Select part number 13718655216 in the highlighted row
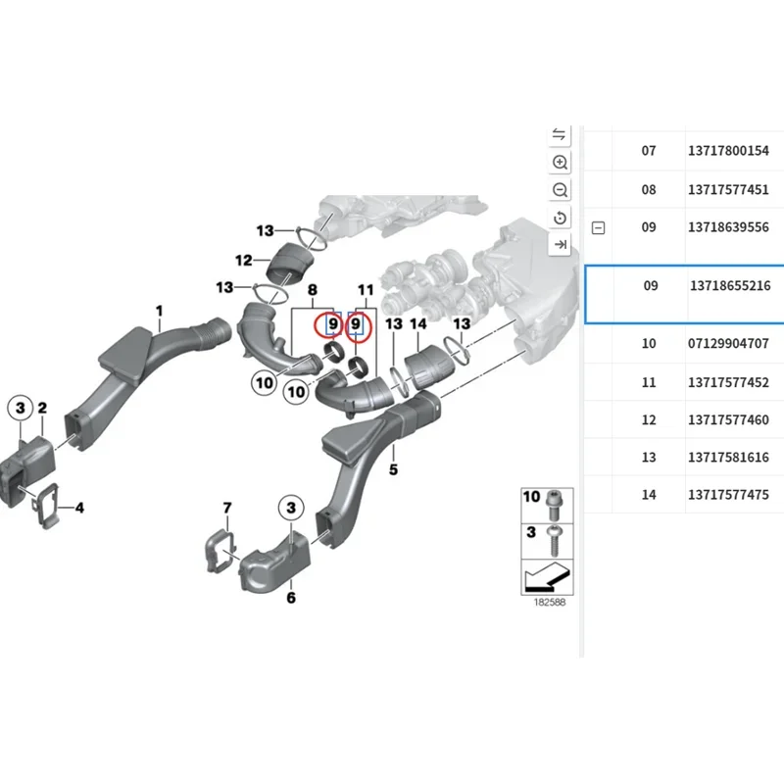click(x=730, y=287)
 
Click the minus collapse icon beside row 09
click(x=599, y=227)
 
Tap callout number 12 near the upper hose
click(x=244, y=261)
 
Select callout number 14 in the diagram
click(x=418, y=323)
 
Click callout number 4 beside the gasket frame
click(x=79, y=508)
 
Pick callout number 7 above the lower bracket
click(x=227, y=508)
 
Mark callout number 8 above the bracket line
click(x=313, y=290)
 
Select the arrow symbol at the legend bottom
click(x=547, y=578)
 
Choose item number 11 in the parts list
click(x=649, y=382)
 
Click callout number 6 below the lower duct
click(x=290, y=597)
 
